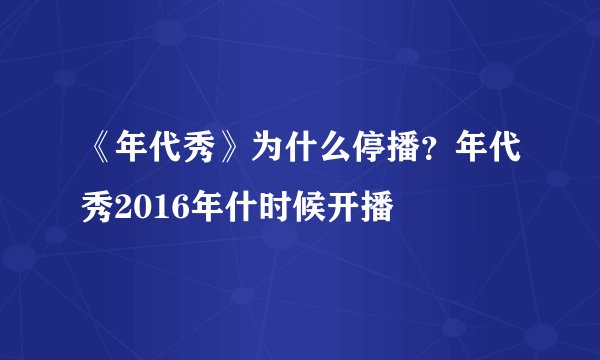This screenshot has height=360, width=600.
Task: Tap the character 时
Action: click(x=272, y=210)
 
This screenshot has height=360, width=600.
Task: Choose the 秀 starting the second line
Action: click(x=97, y=210)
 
